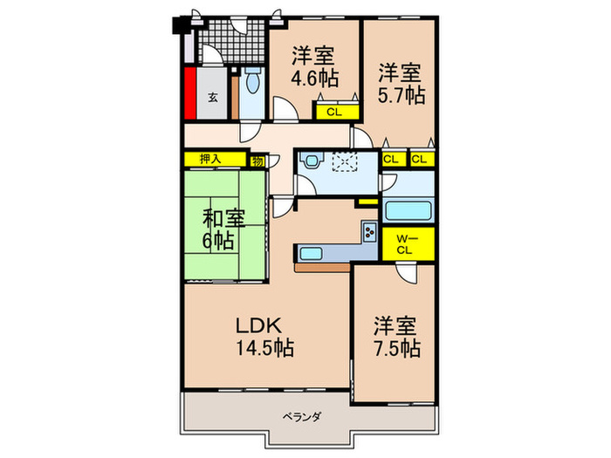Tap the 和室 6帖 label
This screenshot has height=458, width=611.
pyautogui.click(x=224, y=229)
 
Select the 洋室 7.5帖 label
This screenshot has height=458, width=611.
pyautogui.click(x=397, y=338)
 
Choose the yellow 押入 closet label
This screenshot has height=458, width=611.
pyautogui.click(x=210, y=160)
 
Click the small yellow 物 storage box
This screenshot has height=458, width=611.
pyautogui.click(x=258, y=161)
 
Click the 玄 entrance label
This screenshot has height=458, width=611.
pyautogui.click(x=212, y=98)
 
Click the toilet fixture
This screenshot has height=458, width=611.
pyautogui.click(x=253, y=85)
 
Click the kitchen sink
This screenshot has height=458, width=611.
pyautogui.click(x=312, y=255)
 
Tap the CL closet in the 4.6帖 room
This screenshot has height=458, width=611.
pyautogui.click(x=334, y=112)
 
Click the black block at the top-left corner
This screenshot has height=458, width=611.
pyautogui.click(x=184, y=24)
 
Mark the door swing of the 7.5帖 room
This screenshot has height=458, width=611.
pyautogui.click(x=405, y=272)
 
